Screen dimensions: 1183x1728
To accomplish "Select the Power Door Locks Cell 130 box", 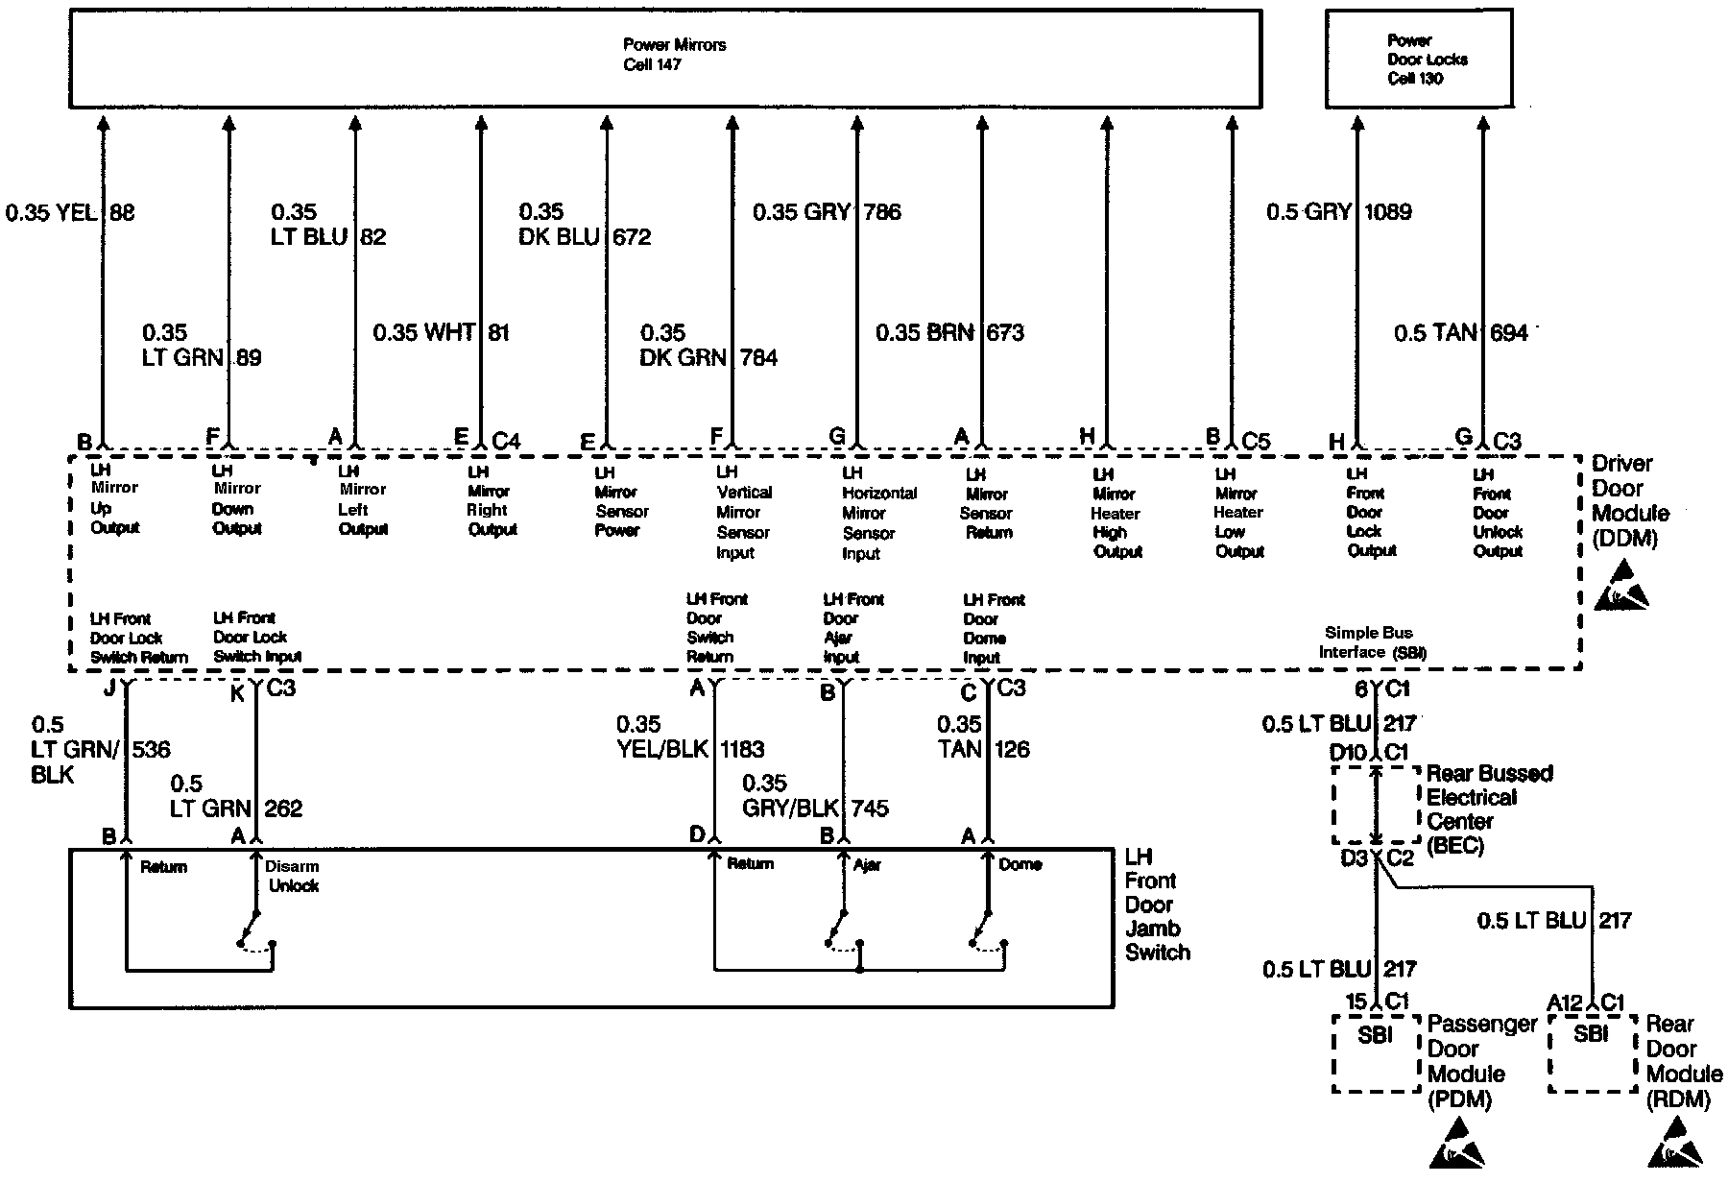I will coord(1418,60).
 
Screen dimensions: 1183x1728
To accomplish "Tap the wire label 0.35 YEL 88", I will coord(70,212).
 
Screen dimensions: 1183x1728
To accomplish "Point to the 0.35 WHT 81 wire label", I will coord(441,332).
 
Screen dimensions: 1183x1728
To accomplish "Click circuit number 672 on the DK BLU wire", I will coord(632,236).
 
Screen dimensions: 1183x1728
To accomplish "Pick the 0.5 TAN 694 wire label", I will coord(1460,333).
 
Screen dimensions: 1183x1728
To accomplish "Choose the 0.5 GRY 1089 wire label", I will coord(1338,212).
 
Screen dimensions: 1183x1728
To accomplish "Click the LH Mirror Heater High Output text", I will coord(1116,513).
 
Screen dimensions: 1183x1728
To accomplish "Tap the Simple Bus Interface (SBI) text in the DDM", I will coord(1372,642).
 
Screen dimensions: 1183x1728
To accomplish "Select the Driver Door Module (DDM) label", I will coord(1630,500).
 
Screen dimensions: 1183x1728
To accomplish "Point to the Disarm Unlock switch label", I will coord(292,876).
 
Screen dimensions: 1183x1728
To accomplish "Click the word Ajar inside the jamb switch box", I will coord(867,865).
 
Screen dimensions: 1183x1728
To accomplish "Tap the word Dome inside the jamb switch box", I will coord(1020,864).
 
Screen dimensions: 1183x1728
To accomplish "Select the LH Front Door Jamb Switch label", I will coord(1156,905).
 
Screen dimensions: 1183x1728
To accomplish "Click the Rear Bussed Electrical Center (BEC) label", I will coord(1488,809).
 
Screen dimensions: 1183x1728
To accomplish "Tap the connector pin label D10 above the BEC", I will coord(1348,752).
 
